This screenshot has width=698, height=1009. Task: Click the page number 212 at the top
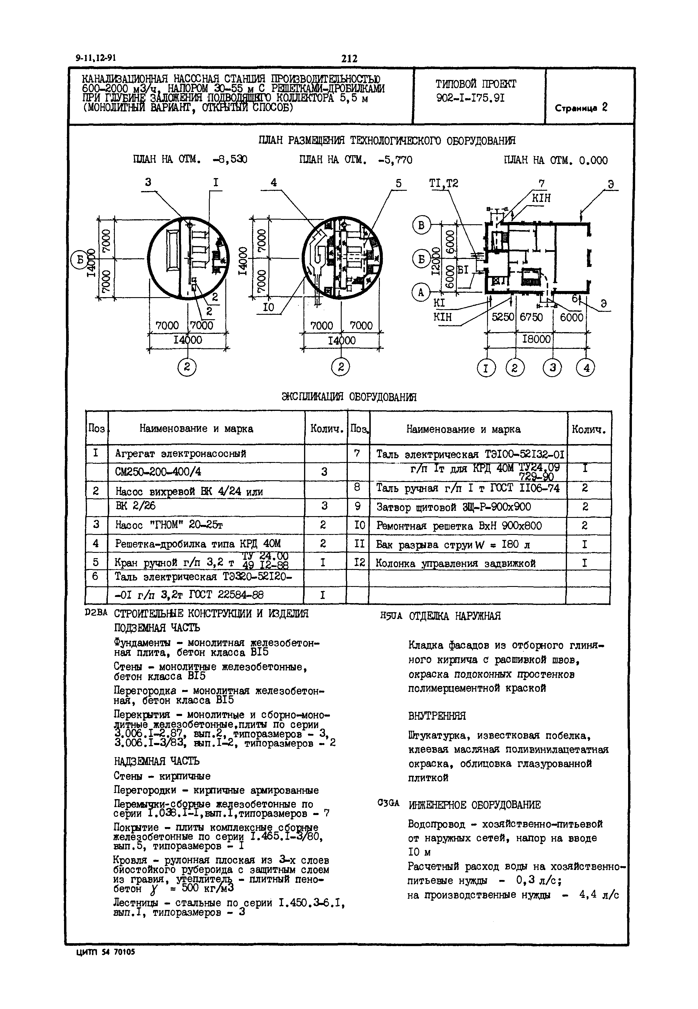click(x=349, y=58)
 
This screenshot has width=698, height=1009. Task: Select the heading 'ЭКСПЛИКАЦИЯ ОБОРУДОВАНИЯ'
click(x=349, y=397)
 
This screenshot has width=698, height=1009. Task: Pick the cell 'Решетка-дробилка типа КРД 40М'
click(x=198, y=543)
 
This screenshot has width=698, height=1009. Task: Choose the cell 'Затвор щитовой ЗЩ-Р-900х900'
click(x=454, y=507)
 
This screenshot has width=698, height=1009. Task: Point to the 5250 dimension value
click(x=503, y=317)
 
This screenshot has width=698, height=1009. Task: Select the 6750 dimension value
click(x=531, y=317)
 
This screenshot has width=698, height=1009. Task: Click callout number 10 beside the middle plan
click(x=268, y=307)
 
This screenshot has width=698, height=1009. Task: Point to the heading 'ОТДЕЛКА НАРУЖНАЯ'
click(x=454, y=616)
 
